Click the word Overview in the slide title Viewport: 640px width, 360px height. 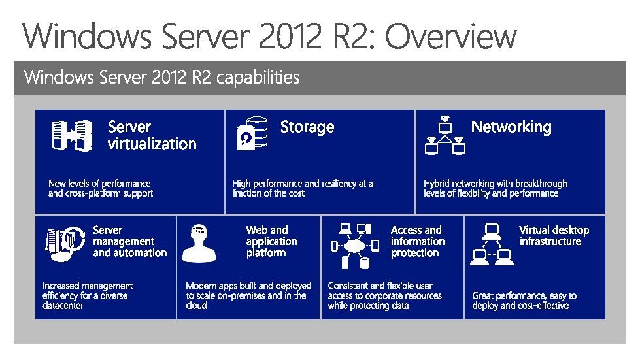click(x=450, y=37)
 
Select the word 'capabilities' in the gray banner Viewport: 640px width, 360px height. click(x=258, y=78)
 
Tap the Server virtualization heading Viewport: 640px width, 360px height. click(x=152, y=135)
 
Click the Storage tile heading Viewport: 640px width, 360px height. click(x=307, y=127)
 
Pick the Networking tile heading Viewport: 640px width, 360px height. click(x=511, y=127)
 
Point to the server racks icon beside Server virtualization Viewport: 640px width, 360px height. click(x=72, y=136)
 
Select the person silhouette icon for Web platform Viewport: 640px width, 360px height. click(x=199, y=242)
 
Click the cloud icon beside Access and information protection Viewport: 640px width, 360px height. click(x=354, y=247)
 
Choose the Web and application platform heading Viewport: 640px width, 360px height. click(x=271, y=241)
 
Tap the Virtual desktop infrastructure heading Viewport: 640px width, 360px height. click(x=554, y=235)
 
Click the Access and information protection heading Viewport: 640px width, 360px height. click(x=416, y=241)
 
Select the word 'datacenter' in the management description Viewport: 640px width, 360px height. click(x=63, y=306)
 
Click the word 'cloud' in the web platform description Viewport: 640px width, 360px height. click(x=196, y=306)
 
